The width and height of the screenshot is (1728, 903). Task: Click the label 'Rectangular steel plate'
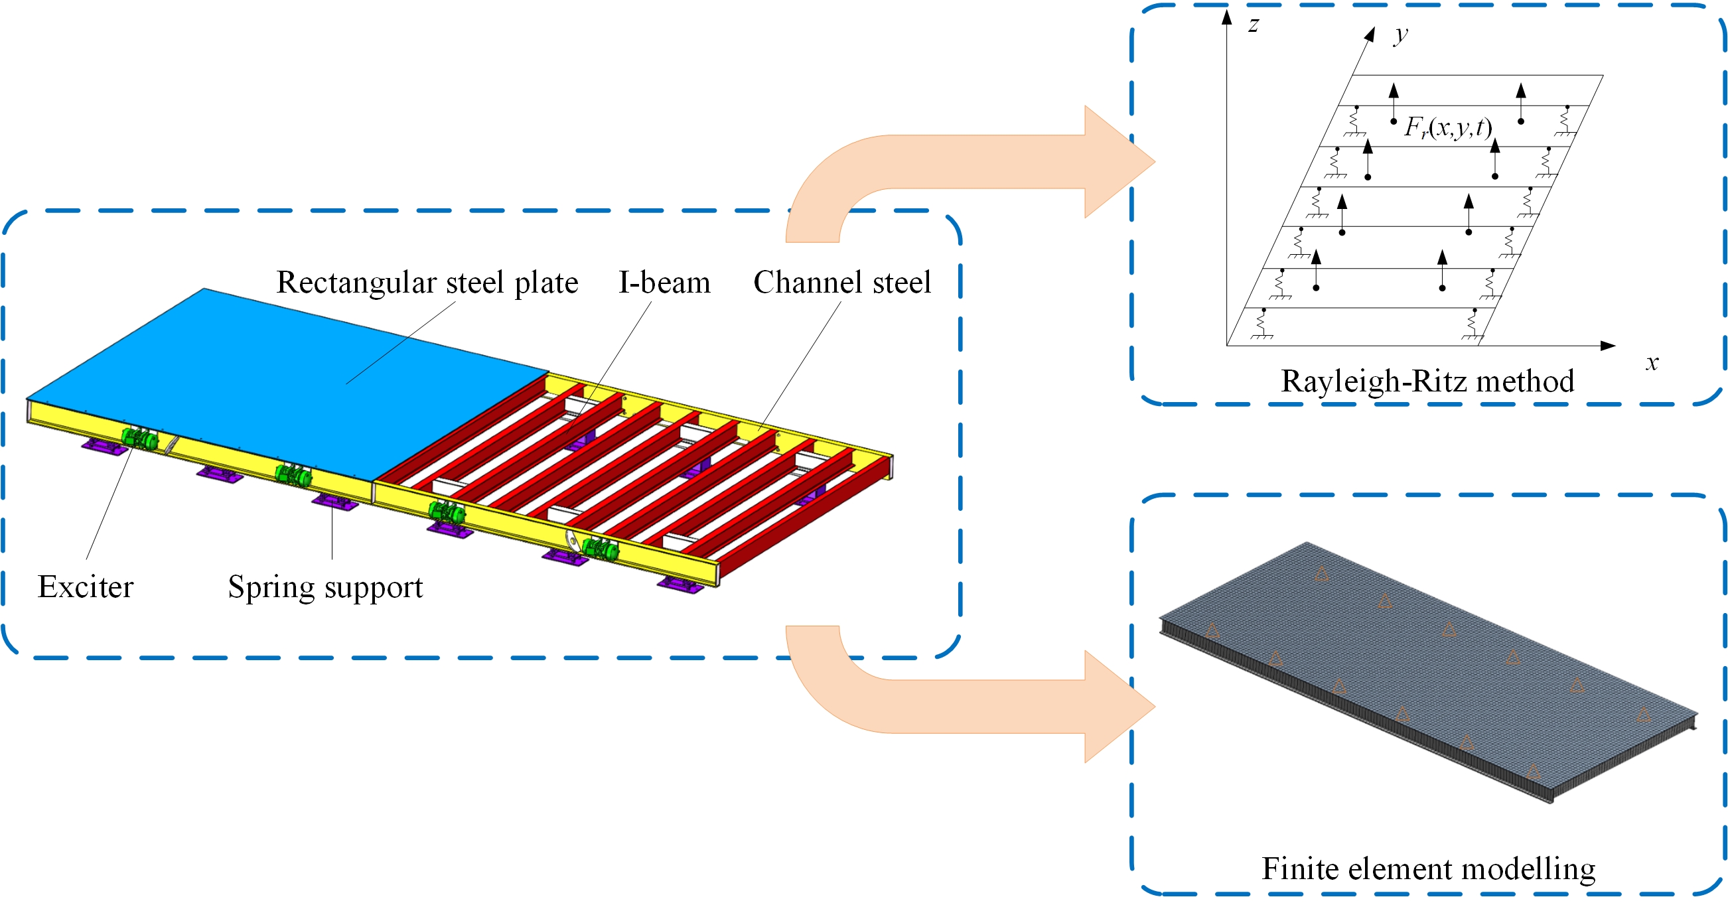point(427,283)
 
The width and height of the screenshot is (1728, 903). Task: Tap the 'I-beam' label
point(664,283)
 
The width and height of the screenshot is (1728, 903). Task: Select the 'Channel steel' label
point(842,283)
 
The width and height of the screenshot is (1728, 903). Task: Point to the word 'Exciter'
point(85,587)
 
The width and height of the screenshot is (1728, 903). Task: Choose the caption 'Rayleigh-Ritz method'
point(1427,381)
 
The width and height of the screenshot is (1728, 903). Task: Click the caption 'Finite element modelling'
point(1428,868)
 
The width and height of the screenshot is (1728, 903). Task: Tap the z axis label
point(1252,25)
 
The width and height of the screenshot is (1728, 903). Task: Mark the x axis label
point(1652,362)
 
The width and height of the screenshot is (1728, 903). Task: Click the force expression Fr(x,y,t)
point(1447,126)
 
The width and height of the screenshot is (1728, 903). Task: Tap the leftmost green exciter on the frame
point(139,438)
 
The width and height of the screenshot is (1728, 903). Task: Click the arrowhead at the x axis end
point(1608,346)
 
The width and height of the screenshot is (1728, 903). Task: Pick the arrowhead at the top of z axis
point(1227,17)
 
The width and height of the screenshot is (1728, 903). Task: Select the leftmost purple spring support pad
point(105,446)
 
